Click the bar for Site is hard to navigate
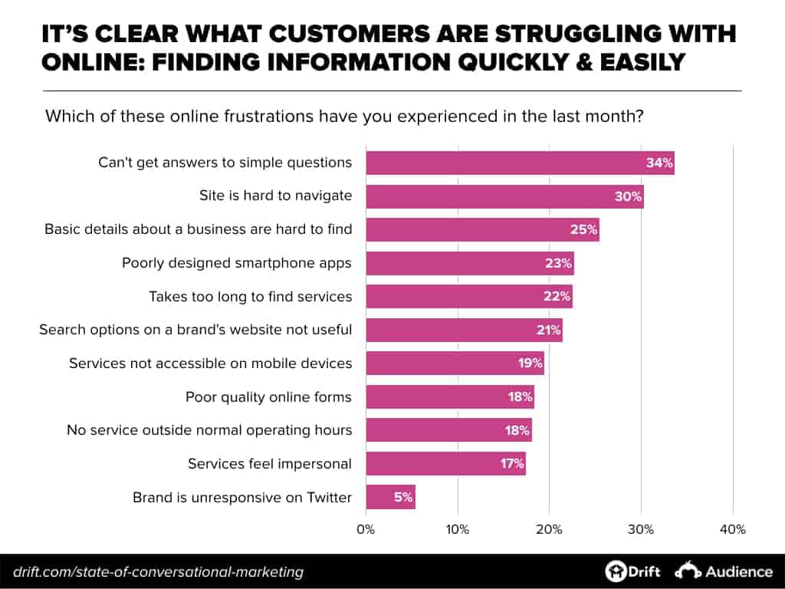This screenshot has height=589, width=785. pos(504,196)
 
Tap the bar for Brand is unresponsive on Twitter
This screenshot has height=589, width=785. pos(390,497)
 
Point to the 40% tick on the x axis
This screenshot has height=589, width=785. pos(733,530)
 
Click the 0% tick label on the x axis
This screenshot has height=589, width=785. pos(366,530)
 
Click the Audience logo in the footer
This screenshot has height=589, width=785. pos(724,571)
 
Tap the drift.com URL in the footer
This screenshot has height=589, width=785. pos(157,571)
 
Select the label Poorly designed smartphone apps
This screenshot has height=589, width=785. pos(236,262)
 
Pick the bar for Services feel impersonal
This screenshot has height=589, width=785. pos(445,463)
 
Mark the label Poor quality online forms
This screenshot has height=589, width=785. pos(268,397)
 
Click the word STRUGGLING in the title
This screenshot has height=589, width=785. pos(524,34)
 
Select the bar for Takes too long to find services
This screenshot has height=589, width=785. pos(468,296)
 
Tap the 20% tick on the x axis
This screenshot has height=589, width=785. pos(549,530)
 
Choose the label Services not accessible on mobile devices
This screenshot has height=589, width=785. pos(210,363)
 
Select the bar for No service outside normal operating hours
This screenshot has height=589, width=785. pos(448,430)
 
